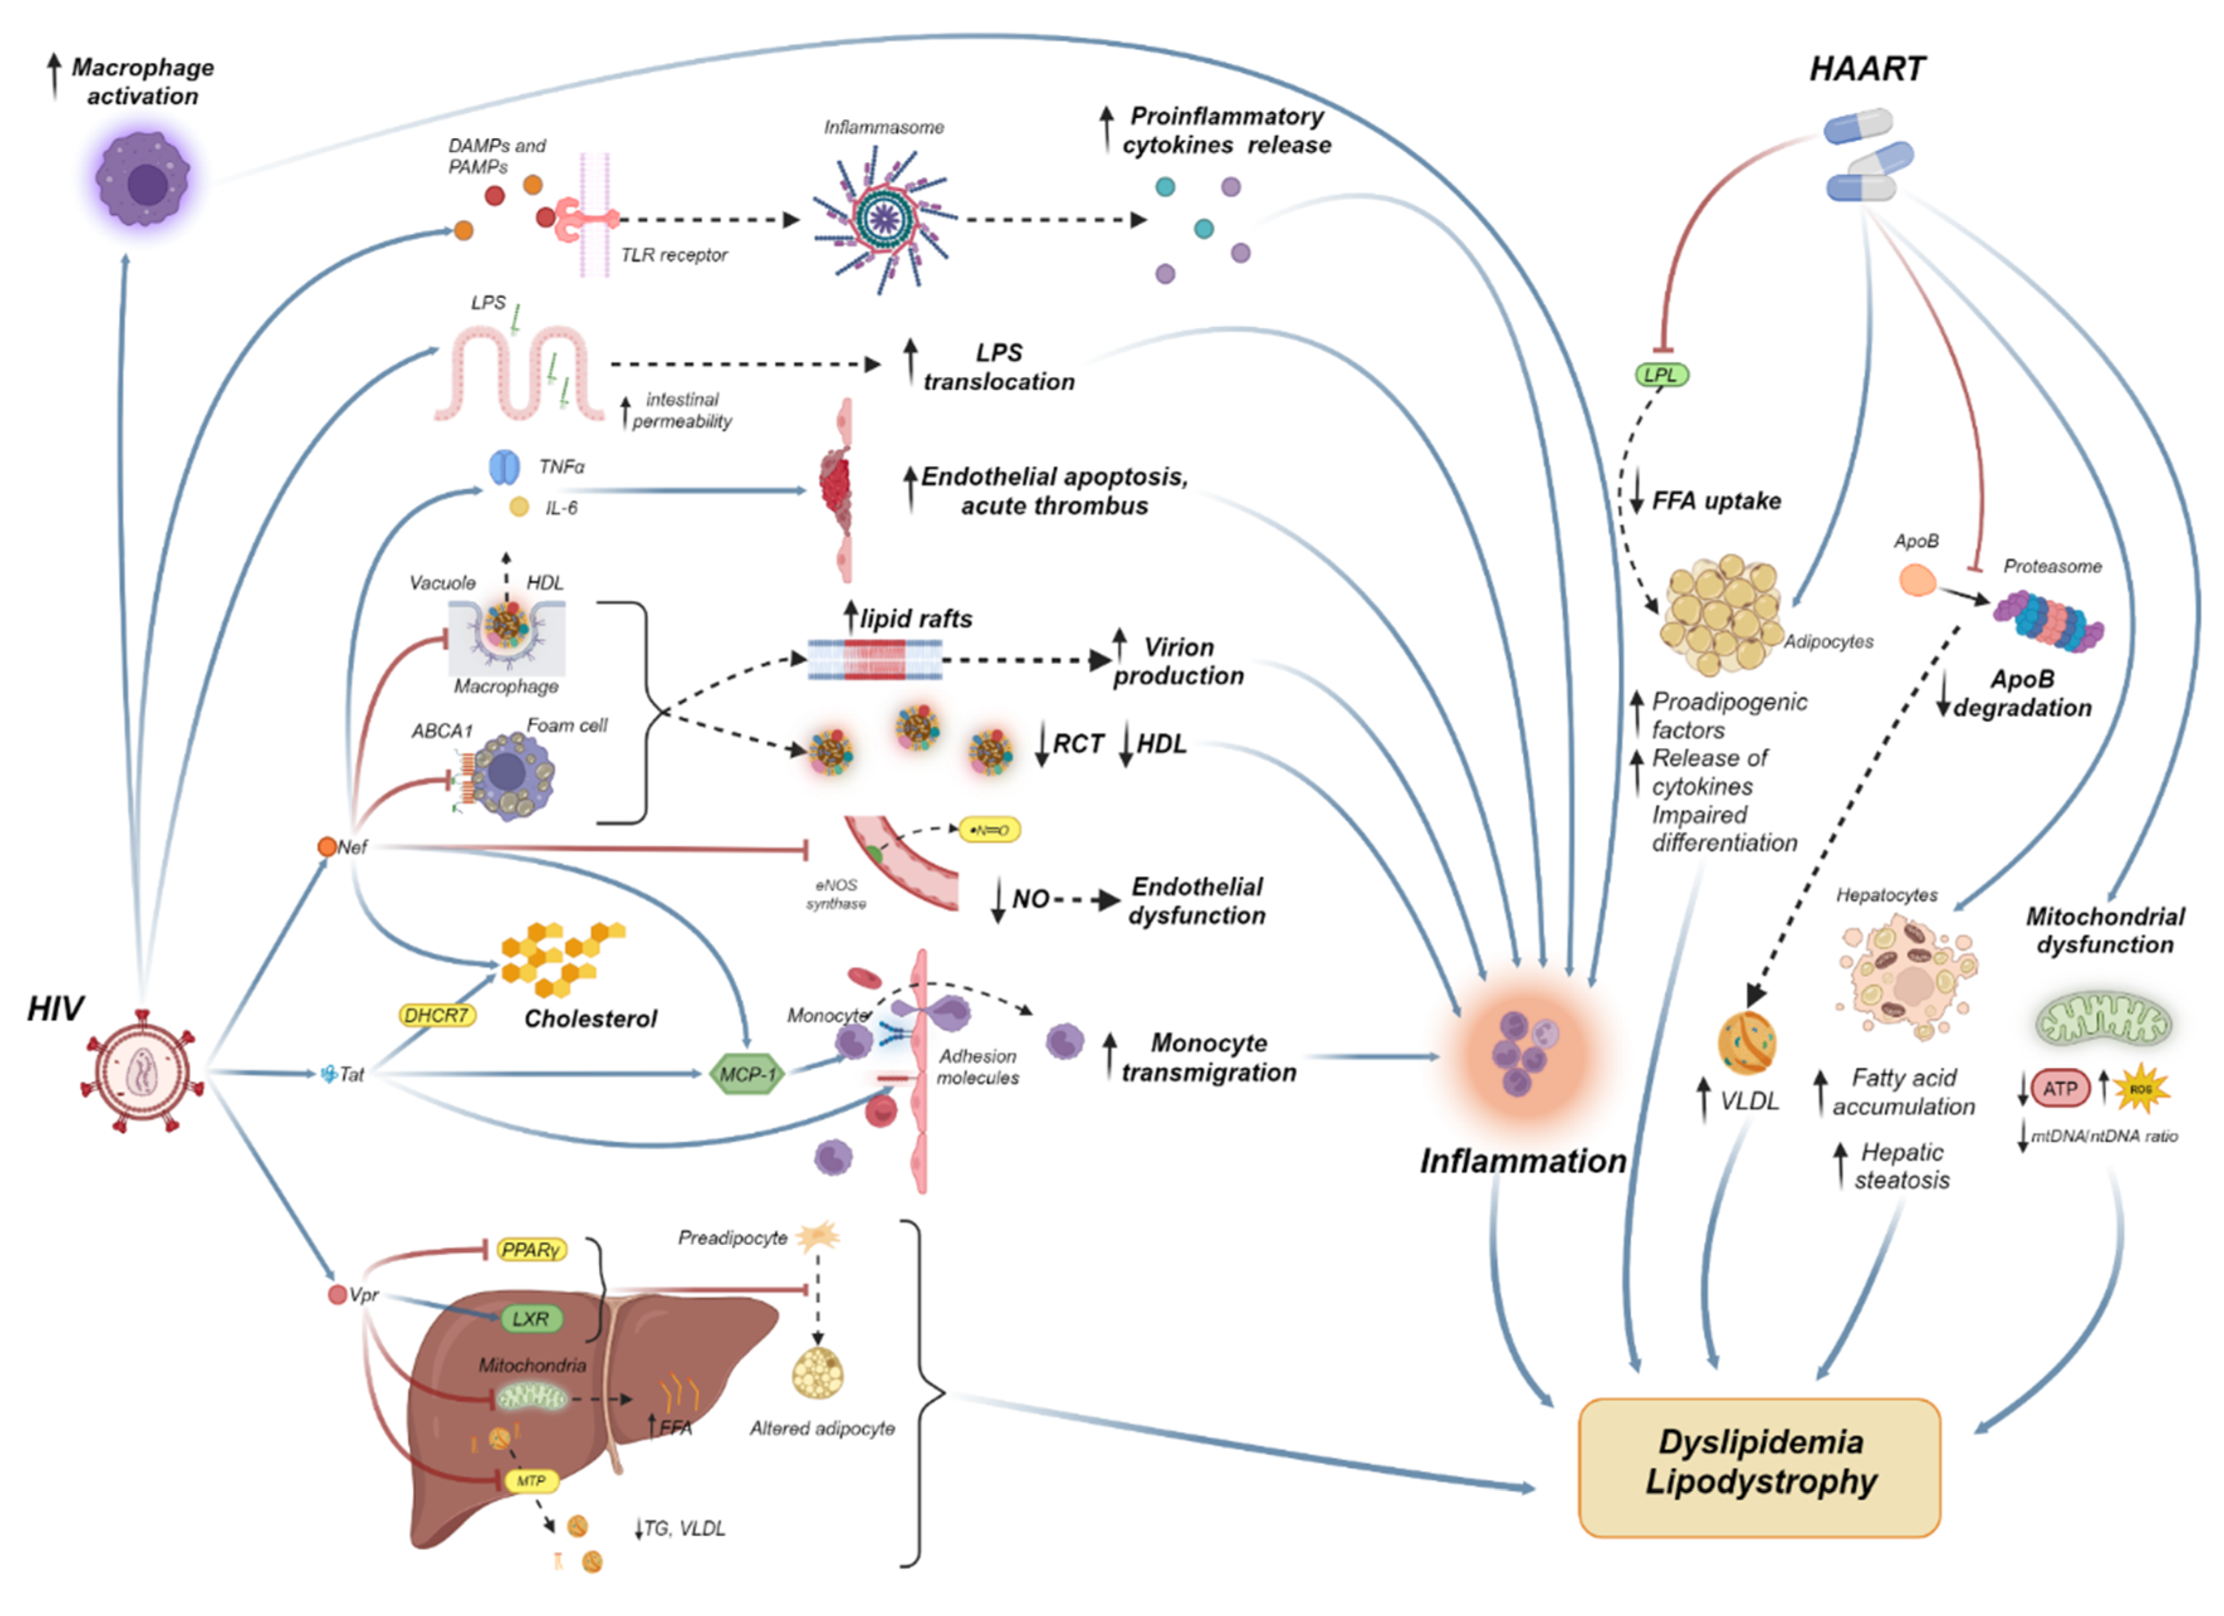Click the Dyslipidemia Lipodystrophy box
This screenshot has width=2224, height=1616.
[x=1759, y=1467]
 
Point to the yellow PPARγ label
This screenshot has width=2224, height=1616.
[x=530, y=1250]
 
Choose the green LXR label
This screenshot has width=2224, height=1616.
[x=530, y=1319]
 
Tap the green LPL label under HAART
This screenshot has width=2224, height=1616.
[x=1661, y=375]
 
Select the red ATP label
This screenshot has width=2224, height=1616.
[x=2059, y=1089]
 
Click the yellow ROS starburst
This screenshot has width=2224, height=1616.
[x=2140, y=1089]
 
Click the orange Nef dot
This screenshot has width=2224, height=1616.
[x=327, y=846]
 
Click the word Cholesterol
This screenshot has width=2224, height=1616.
[x=590, y=1019]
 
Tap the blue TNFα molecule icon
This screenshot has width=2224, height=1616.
[x=504, y=468]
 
